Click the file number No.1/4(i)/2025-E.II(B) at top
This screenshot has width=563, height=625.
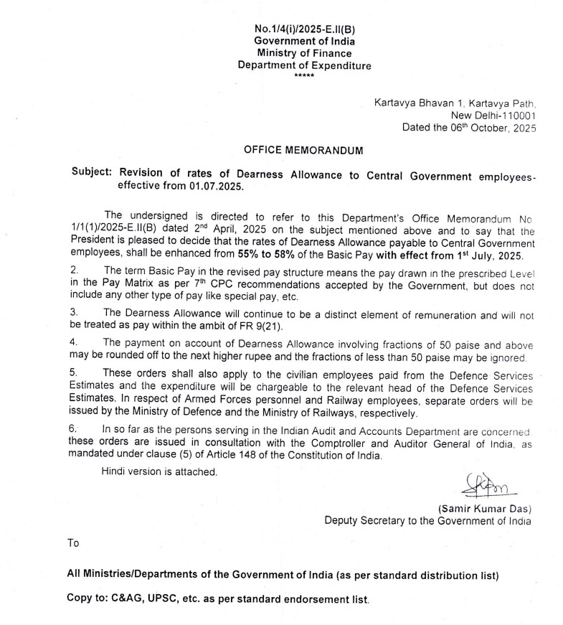(x=304, y=29)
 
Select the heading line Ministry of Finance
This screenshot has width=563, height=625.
(x=304, y=53)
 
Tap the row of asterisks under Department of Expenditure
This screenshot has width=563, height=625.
(x=304, y=75)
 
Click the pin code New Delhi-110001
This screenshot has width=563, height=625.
(x=492, y=115)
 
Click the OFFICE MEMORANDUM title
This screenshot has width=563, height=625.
(x=304, y=150)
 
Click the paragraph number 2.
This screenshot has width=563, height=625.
(x=74, y=270)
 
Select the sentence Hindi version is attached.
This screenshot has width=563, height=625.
(x=159, y=471)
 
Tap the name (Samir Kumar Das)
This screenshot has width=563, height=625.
(x=485, y=509)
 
